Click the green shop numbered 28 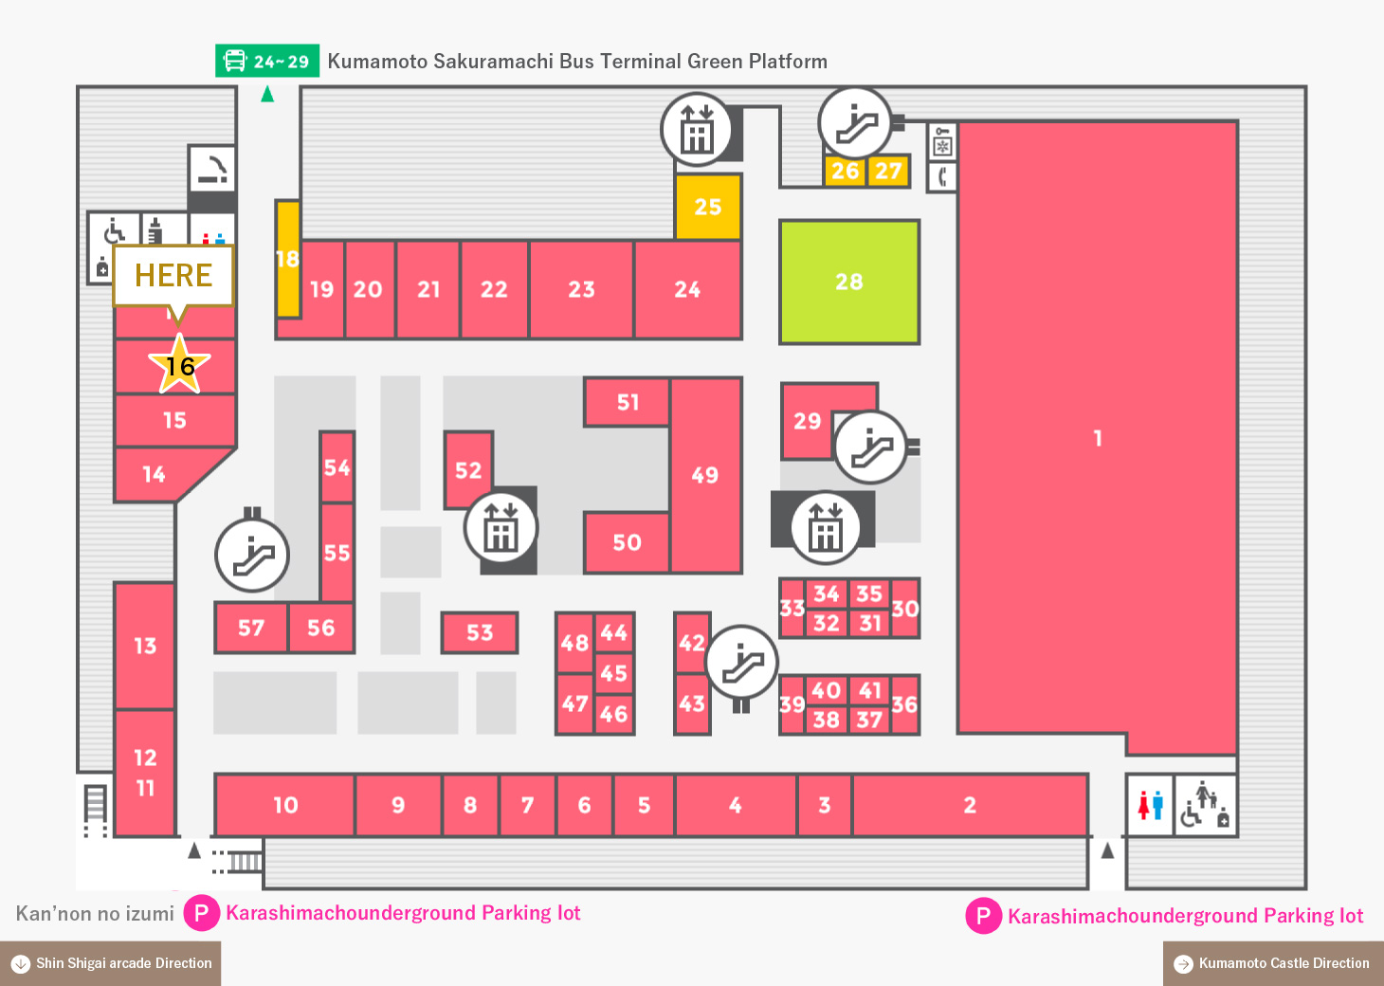click(849, 282)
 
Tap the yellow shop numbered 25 click(708, 207)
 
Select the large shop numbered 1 click(1098, 437)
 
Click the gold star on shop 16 click(179, 364)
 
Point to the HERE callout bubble click(173, 277)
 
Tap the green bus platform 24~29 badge click(267, 61)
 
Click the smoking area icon click(212, 169)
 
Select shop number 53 click(480, 632)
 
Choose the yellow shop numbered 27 click(888, 171)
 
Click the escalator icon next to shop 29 click(870, 447)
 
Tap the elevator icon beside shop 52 click(501, 528)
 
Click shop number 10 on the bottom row click(284, 804)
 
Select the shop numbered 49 click(705, 474)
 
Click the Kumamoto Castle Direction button click(1273, 964)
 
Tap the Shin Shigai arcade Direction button click(111, 964)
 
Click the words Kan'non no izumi click(95, 913)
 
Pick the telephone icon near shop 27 click(941, 177)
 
